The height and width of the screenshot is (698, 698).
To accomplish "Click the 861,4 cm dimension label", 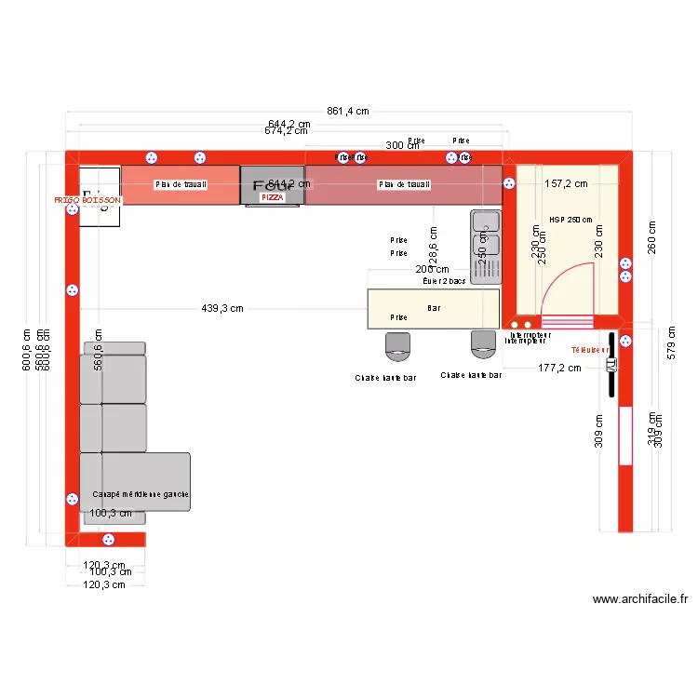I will pyautogui.click(x=349, y=112).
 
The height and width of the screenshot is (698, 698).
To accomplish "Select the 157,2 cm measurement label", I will pyautogui.click(x=566, y=183).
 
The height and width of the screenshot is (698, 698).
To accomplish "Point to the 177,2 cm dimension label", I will pyautogui.click(x=559, y=368).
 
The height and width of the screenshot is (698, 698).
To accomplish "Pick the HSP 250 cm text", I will pyautogui.click(x=570, y=220).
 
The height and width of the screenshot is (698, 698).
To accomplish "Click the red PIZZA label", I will pyautogui.click(x=272, y=197).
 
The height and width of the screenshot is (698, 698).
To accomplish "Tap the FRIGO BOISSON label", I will pyautogui.click(x=87, y=200).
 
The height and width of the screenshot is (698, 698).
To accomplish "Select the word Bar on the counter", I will pyautogui.click(x=434, y=307).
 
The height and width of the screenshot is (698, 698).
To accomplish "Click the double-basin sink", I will pyautogui.click(x=487, y=247).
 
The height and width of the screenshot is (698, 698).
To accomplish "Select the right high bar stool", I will pyautogui.click(x=484, y=344).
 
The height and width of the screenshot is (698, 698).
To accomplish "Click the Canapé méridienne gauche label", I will pyautogui.click(x=141, y=495).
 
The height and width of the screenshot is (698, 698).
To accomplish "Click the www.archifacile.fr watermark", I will pyautogui.click(x=639, y=600).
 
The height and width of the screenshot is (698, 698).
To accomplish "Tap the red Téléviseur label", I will pyautogui.click(x=590, y=350).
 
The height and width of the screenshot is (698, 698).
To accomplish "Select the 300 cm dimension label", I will pyautogui.click(x=401, y=145).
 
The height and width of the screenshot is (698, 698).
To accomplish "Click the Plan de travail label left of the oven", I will pyautogui.click(x=181, y=185).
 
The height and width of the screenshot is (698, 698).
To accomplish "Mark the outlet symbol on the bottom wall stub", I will pyautogui.click(x=108, y=539).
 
